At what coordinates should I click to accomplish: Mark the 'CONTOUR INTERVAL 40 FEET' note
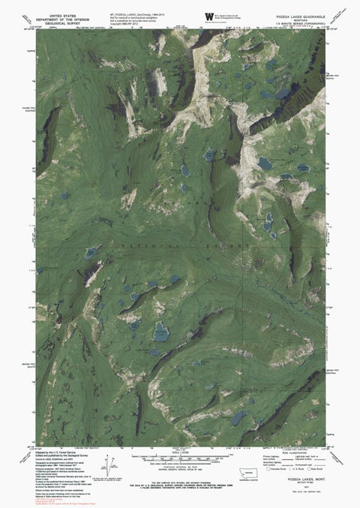[180, 467]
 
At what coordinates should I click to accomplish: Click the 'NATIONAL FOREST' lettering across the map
[172, 245]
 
